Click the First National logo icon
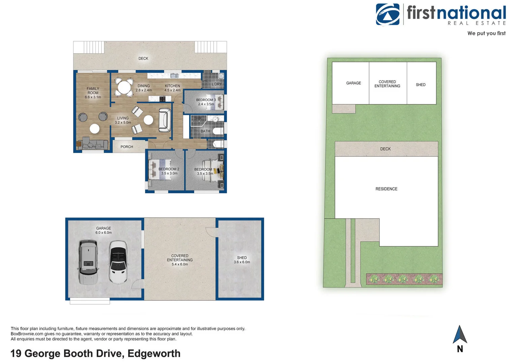(x=388, y=14)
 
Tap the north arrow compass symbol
(x=460, y=335)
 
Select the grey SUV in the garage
(x=88, y=262)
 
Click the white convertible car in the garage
(x=118, y=262)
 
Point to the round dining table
(x=124, y=88)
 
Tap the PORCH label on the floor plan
(x=127, y=147)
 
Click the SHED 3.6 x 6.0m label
(x=242, y=260)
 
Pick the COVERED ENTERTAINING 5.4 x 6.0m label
(x=180, y=260)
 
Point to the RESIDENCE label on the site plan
(x=386, y=189)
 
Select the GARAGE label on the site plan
(x=354, y=83)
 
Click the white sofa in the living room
(x=165, y=120)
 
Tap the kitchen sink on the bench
(x=174, y=75)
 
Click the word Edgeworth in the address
(x=154, y=354)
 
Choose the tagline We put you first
(x=486, y=33)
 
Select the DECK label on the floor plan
(x=143, y=59)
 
